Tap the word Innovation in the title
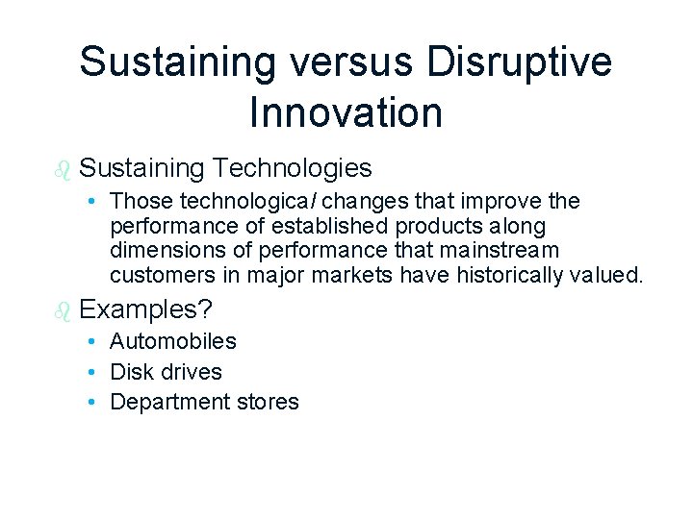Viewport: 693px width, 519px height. tap(346, 111)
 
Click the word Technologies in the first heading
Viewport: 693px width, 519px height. tap(293, 168)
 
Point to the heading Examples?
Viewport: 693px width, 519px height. tap(146, 309)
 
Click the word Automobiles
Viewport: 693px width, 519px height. tap(173, 341)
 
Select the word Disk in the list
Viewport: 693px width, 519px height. tap(130, 372)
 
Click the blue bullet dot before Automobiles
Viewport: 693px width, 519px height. tap(89, 341)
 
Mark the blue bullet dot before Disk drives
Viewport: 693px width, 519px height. tap(89, 372)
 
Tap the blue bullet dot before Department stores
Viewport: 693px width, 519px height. tap(89, 402)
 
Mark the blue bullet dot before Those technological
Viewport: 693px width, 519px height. tap(89, 202)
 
